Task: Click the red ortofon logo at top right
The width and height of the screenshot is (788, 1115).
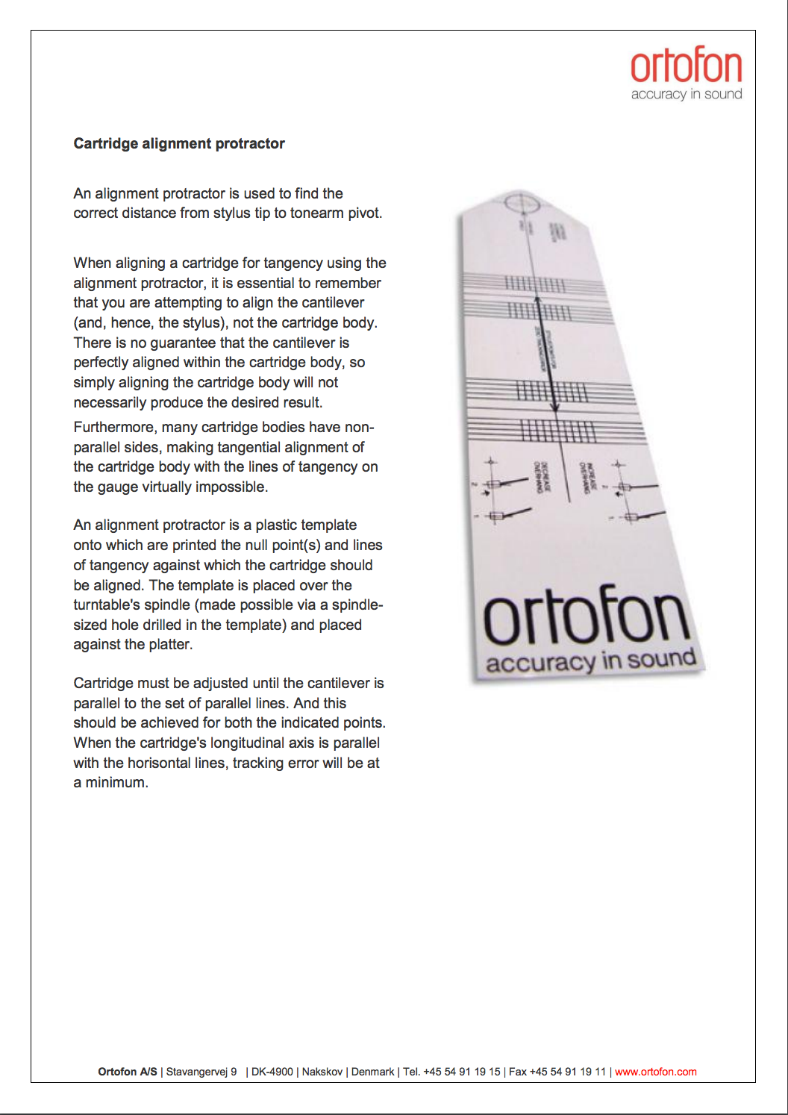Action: click(686, 66)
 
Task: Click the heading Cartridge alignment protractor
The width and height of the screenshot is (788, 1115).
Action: click(179, 143)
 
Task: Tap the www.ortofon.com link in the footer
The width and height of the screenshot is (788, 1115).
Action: click(655, 1072)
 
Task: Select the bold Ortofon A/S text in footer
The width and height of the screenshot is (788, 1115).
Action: click(128, 1072)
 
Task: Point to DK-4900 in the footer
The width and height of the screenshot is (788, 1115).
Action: click(272, 1072)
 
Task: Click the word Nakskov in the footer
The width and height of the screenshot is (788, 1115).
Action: click(322, 1072)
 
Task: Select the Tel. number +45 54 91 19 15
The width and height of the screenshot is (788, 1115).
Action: click(461, 1072)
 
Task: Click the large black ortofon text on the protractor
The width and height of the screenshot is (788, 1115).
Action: click(587, 618)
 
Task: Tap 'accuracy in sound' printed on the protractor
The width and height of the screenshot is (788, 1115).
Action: click(590, 661)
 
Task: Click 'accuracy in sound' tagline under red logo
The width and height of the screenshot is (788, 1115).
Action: click(687, 94)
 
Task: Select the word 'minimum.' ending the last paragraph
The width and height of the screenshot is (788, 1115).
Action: click(116, 783)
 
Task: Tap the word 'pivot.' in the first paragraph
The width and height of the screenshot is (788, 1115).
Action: click(361, 213)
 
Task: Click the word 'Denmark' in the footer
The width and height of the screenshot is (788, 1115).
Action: click(372, 1072)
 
